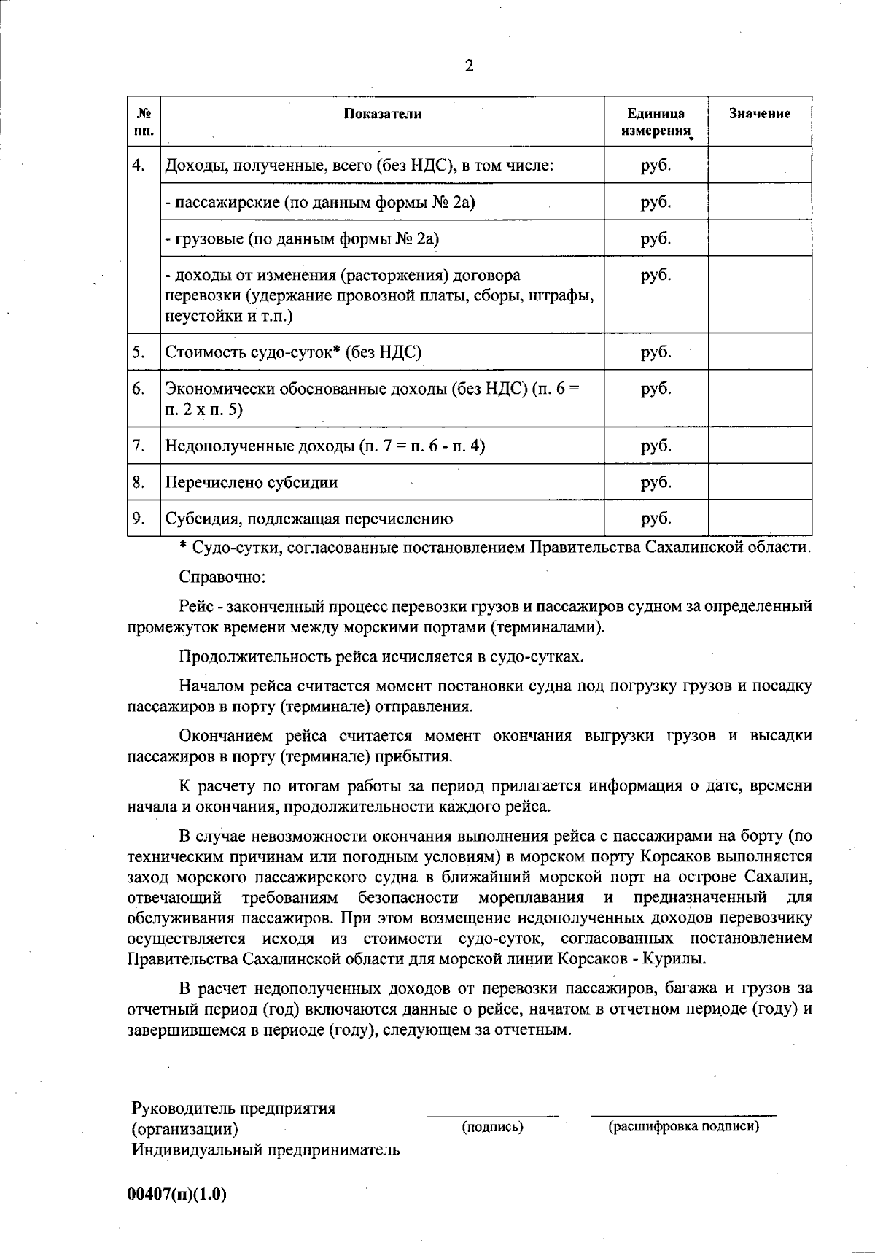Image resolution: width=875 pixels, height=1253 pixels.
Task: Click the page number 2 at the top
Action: pyautogui.click(x=469, y=66)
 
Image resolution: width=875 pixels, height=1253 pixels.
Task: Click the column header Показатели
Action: pyautogui.click(x=383, y=114)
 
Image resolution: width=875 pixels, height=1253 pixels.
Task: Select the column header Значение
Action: pyautogui.click(x=760, y=114)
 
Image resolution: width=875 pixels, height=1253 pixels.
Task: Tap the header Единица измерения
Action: pyautogui.click(x=656, y=122)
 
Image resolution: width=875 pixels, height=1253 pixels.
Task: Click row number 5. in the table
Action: pyautogui.click(x=139, y=352)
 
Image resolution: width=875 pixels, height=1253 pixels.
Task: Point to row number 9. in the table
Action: pyautogui.click(x=139, y=519)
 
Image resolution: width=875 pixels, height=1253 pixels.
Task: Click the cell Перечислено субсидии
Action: pyautogui.click(x=252, y=483)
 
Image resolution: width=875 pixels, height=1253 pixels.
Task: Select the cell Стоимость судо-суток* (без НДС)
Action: pyautogui.click(x=293, y=353)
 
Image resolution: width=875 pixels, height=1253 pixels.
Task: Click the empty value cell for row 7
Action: pyautogui.click(x=760, y=446)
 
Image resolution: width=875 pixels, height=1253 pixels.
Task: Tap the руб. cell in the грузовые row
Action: pyautogui.click(x=656, y=238)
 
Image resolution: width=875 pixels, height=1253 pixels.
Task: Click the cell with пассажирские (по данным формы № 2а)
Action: pyautogui.click(x=320, y=202)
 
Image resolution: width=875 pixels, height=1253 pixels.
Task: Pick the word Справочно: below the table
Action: pyautogui.click(x=222, y=577)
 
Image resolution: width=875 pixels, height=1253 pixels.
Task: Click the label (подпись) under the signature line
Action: pyautogui.click(x=493, y=1128)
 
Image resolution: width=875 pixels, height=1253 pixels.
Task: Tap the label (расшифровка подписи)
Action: pyautogui.click(x=683, y=1127)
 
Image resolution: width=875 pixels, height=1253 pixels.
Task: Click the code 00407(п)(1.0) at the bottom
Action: pyautogui.click(x=177, y=1195)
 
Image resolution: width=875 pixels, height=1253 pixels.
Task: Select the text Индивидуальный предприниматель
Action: pyautogui.click(x=265, y=1151)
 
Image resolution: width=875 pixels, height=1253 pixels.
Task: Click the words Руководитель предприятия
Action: pyautogui.click(x=233, y=1109)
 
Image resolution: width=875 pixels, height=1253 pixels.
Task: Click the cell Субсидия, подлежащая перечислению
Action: pyautogui.click(x=309, y=519)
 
